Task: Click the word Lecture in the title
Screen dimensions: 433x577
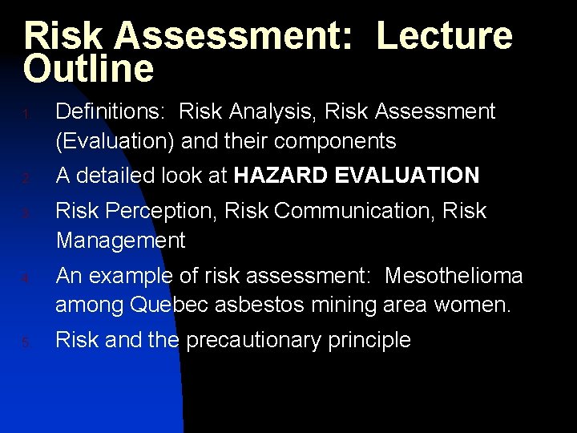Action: pyautogui.click(x=444, y=36)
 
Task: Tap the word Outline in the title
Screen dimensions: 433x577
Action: pyautogui.click(x=88, y=69)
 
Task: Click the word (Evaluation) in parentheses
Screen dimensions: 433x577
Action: pyautogui.click(x=115, y=141)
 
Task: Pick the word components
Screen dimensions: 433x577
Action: pyautogui.click(x=336, y=142)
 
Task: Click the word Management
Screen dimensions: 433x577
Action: pyautogui.click(x=120, y=240)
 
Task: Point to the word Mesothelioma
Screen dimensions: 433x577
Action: pyautogui.click(x=454, y=276)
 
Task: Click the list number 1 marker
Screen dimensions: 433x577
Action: pyautogui.click(x=26, y=115)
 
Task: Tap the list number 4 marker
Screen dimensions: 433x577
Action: pyautogui.click(x=26, y=279)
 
